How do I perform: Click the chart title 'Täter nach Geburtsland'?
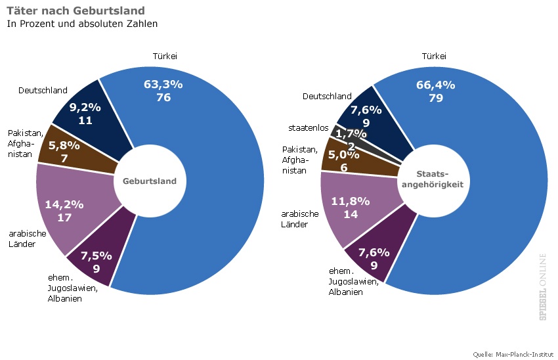coord(75,11)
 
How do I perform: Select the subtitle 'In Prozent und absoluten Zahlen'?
coord(82,24)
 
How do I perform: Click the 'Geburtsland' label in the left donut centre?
coord(150,181)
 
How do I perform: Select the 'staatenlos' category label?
coord(308,127)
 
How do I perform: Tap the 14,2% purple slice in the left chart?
coord(64,210)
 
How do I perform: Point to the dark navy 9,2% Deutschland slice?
coord(85,113)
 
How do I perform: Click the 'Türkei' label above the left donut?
coord(165,56)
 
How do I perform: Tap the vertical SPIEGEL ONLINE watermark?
coord(544,286)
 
